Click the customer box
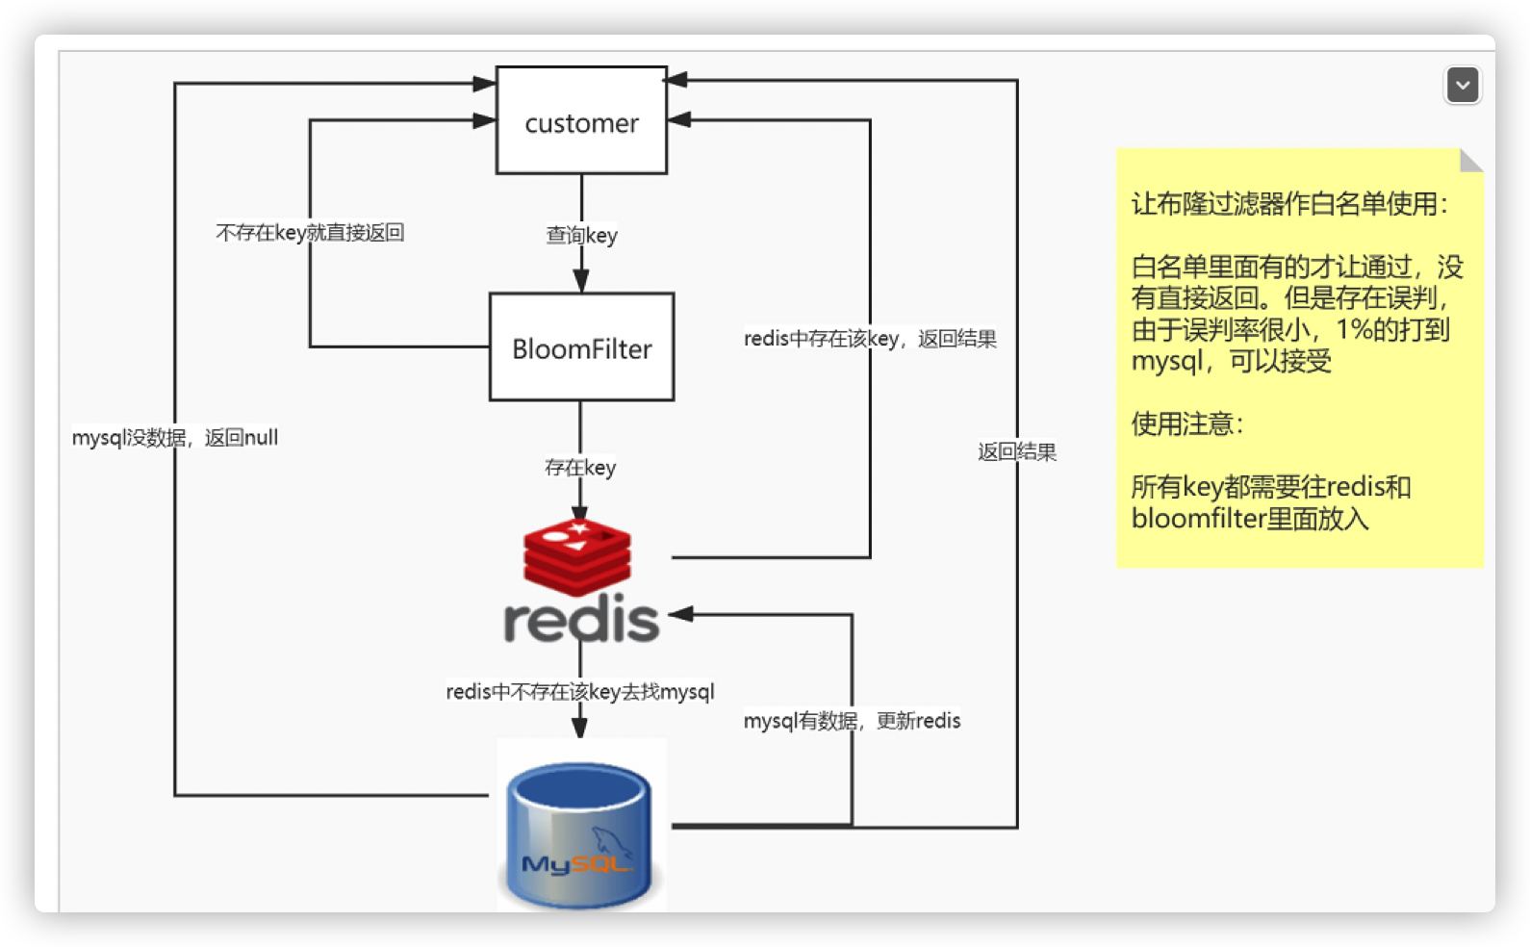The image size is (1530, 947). tap(581, 120)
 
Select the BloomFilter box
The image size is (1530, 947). tap(581, 347)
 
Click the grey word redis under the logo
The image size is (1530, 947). tap(581, 619)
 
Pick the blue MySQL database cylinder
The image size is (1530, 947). tap(579, 835)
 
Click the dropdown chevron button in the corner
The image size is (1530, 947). tap(1463, 85)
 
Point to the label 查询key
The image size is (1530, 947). tap(581, 235)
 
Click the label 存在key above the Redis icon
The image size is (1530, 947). tap(580, 468)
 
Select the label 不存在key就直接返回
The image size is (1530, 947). tap(310, 232)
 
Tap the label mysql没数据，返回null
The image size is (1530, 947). tap(175, 437)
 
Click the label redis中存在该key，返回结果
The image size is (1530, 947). tap(870, 338)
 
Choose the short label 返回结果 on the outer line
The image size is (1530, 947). tap(1017, 451)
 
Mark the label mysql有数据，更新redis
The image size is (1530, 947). tap(852, 721)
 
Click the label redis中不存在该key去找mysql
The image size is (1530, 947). tap(580, 691)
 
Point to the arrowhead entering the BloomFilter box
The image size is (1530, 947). tap(581, 281)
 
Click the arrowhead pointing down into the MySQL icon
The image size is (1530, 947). tap(580, 727)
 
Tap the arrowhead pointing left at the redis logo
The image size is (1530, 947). tap(681, 614)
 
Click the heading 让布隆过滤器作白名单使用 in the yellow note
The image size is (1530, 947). tap(1289, 204)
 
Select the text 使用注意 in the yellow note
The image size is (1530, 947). tap(1187, 423)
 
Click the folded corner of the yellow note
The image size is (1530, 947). tap(1469, 162)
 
